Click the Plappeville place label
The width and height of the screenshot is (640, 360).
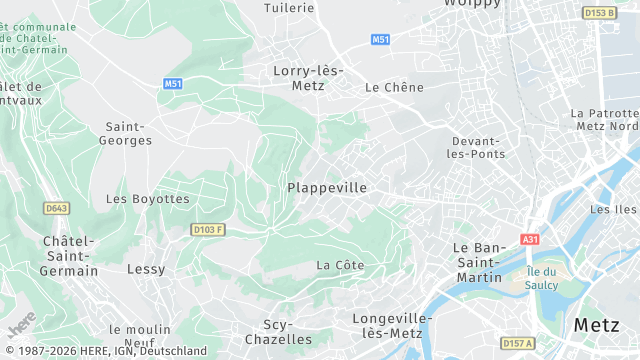click(327, 188)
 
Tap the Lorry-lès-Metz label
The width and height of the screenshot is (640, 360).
click(308, 78)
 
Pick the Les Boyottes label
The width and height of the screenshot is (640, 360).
click(147, 199)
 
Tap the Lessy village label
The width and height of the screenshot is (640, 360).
click(146, 269)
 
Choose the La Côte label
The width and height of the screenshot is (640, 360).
click(340, 265)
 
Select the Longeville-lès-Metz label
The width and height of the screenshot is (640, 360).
click(392, 325)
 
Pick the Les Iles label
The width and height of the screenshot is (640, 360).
click(613, 209)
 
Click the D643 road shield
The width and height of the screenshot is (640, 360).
click(57, 208)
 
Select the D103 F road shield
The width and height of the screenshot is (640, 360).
click(208, 230)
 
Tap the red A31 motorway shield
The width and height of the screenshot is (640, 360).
click(530, 240)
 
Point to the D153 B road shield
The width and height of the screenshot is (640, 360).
click(599, 13)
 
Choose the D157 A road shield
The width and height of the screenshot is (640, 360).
click(518, 343)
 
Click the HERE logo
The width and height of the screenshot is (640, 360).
click(21, 324)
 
